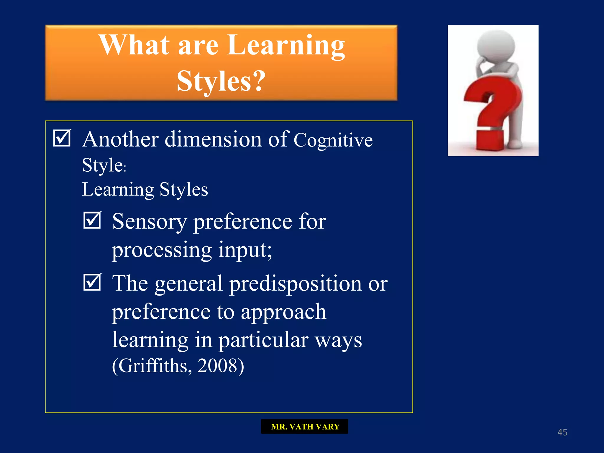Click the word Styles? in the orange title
click(x=221, y=81)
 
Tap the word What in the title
click(x=134, y=45)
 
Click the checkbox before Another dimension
click(x=62, y=138)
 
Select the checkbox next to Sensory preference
click(x=92, y=220)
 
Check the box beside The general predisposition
click(x=92, y=282)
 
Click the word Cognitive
click(x=333, y=140)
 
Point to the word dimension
click(x=213, y=139)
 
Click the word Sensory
click(x=149, y=221)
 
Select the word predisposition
click(x=295, y=284)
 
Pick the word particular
click(x=263, y=340)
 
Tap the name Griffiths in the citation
click(x=153, y=366)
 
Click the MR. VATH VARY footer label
click(x=304, y=426)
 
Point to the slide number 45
click(x=562, y=432)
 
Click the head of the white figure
click(x=496, y=46)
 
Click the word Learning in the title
click(x=286, y=45)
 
